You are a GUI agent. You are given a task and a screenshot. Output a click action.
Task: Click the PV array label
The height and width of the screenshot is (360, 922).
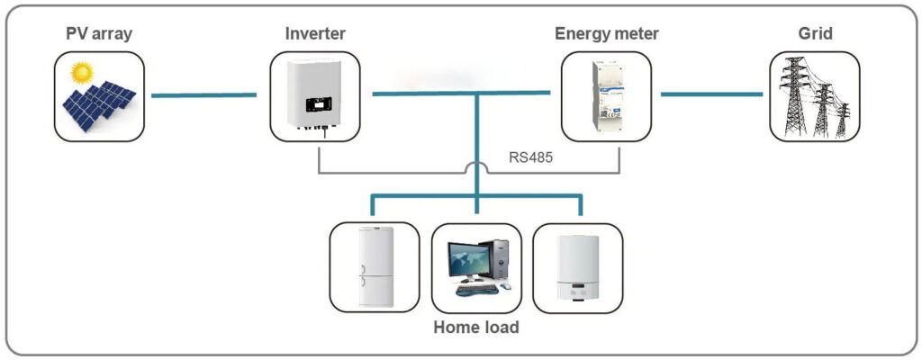tap(98, 34)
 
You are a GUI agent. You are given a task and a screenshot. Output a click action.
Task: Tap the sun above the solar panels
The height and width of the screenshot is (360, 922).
tap(83, 70)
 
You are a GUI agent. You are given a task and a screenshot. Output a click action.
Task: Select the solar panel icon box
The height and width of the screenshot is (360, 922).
tap(99, 96)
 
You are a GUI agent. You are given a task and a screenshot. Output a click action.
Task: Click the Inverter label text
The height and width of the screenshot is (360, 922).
tap(314, 34)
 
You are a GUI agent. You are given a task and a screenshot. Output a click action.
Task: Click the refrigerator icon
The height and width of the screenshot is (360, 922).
tap(374, 266)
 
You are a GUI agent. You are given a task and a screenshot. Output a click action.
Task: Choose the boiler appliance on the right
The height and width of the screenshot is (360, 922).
tap(577, 267)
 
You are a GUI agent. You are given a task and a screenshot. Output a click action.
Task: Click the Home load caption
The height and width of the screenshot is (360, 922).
tap(475, 328)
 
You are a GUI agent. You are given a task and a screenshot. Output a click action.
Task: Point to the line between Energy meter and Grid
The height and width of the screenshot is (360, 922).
tap(711, 94)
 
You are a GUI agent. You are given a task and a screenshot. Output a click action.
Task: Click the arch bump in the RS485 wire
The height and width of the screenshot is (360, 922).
tap(476, 165)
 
